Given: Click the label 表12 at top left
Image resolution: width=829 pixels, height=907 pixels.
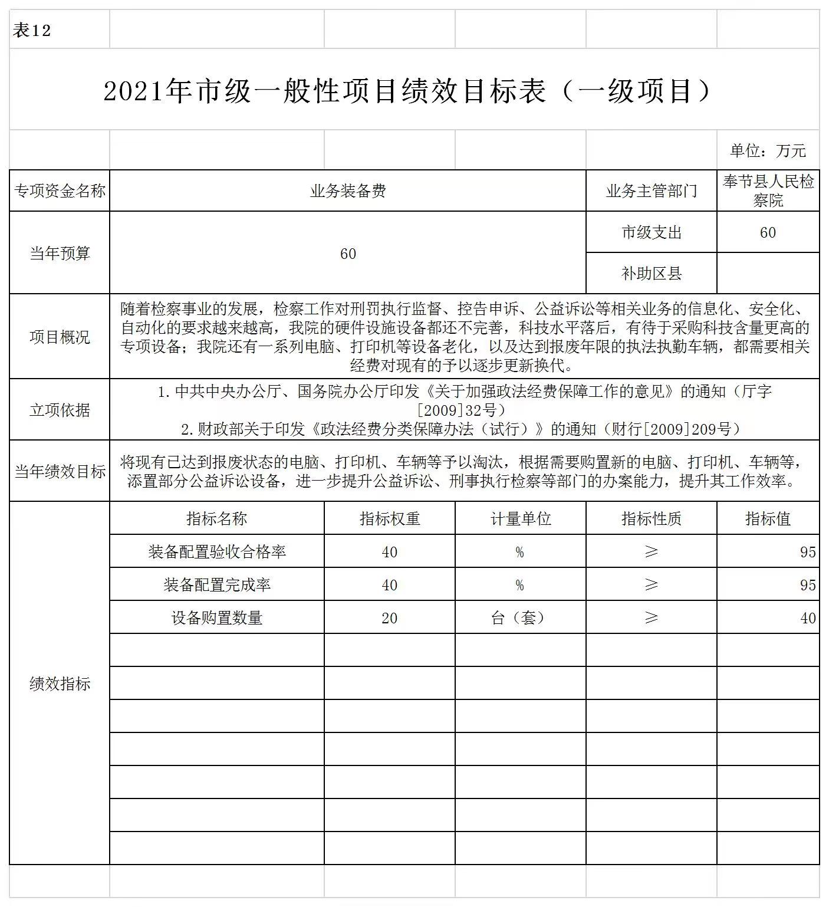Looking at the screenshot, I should point(32,31).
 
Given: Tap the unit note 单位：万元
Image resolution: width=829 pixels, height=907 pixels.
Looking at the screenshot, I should point(767,151).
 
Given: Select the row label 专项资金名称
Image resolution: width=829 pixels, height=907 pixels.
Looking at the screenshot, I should point(60,191).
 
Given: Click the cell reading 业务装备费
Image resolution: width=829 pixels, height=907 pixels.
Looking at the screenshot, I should point(348,191).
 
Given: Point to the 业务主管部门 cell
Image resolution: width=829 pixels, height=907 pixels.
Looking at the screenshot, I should point(651,191).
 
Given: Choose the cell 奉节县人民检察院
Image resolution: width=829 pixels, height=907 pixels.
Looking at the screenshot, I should point(768,191).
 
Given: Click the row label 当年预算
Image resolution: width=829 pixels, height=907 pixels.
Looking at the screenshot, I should point(60,254).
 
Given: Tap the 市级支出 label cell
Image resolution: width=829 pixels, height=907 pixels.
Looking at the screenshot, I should point(651,232).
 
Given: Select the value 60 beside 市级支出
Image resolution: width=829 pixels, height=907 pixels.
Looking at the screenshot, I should point(768,232).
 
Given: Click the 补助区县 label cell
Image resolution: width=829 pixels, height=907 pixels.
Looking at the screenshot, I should point(651,274).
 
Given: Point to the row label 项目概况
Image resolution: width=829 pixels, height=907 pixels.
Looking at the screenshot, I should point(60,337).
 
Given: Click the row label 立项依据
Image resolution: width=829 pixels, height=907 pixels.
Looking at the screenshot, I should point(60,410).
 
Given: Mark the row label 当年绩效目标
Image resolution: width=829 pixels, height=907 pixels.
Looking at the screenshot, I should point(60,471).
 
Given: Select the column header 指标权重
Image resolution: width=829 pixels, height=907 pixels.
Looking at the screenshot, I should point(389,519).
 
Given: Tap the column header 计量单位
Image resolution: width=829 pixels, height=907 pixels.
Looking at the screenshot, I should point(520,519).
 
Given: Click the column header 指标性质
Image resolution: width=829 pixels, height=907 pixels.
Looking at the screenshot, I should point(651,519).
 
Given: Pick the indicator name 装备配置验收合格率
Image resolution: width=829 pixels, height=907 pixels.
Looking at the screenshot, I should point(217,552).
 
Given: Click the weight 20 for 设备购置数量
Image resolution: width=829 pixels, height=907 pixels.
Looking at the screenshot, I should point(389,618).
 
